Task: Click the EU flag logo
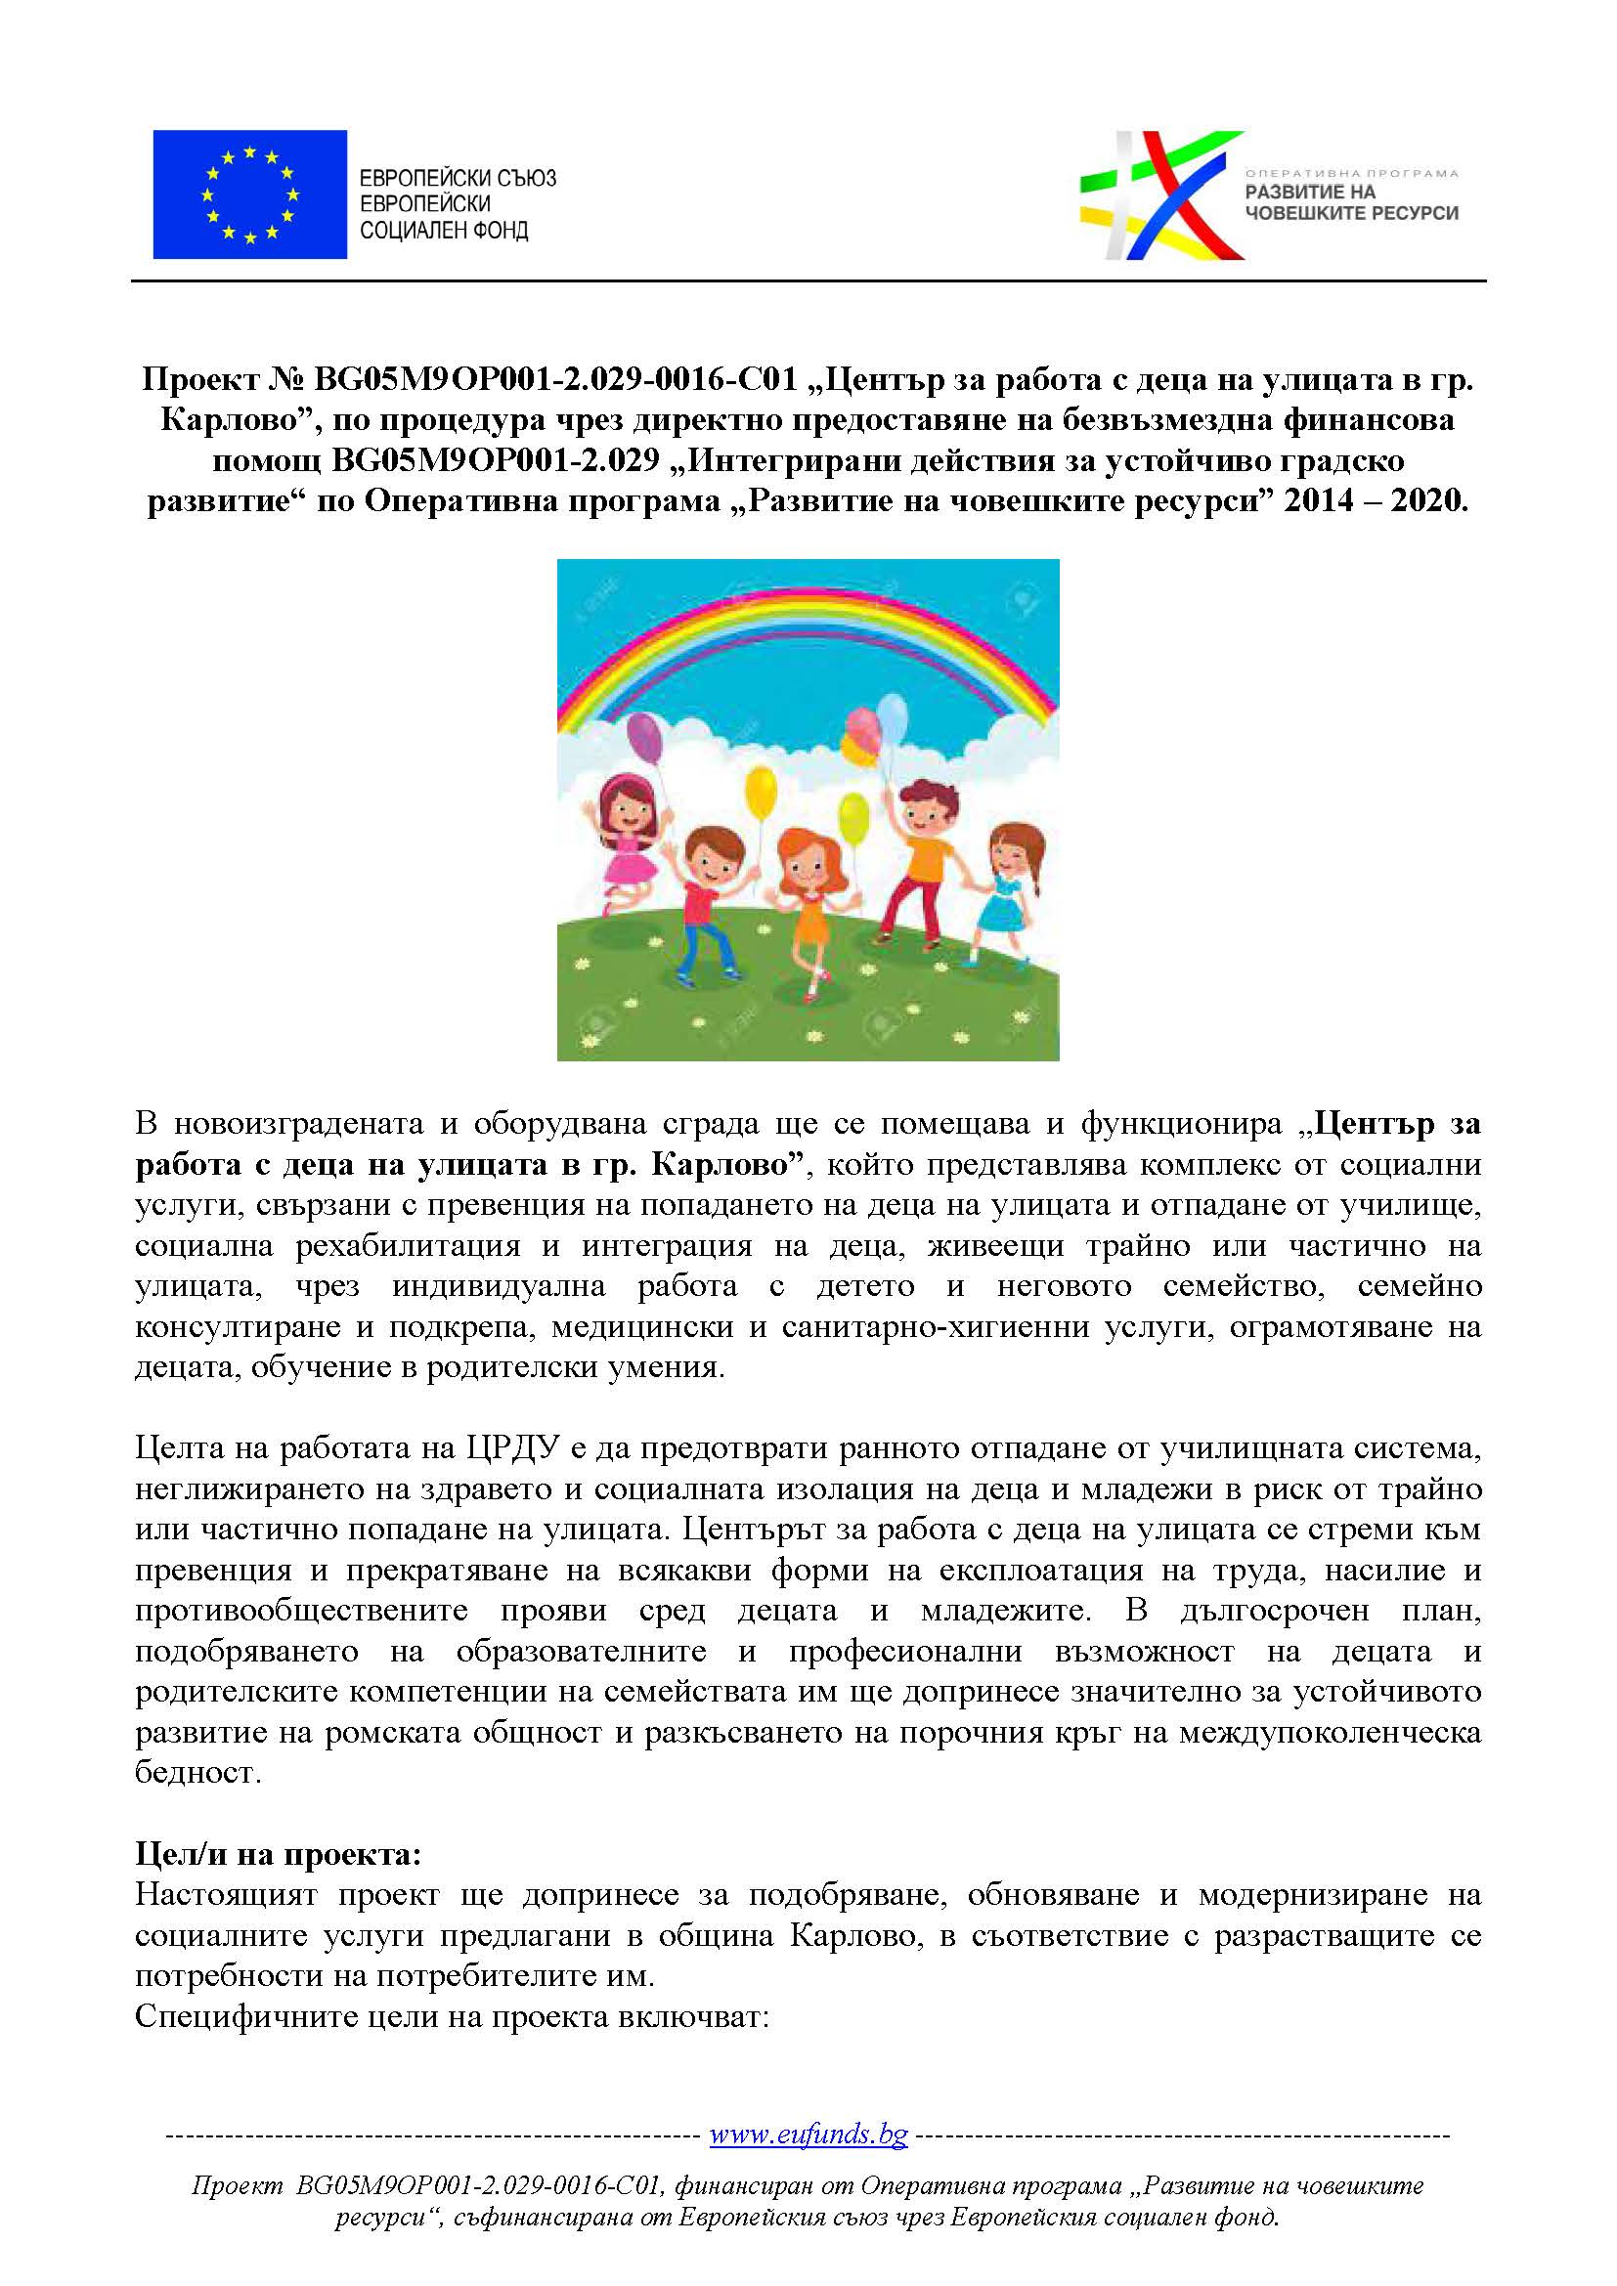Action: click(249, 194)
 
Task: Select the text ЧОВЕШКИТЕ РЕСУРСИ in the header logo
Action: click(1351, 213)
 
